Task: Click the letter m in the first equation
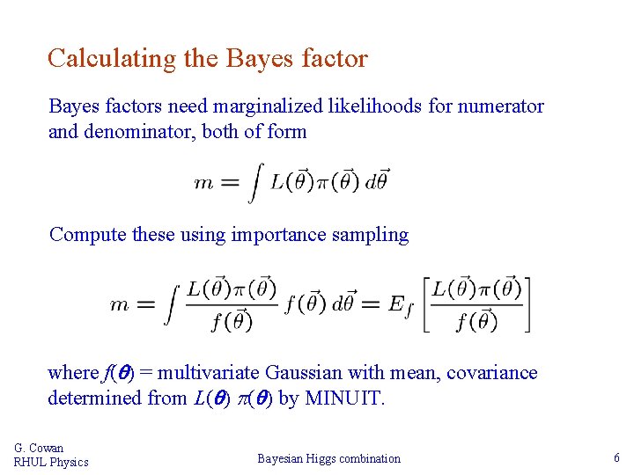click(x=204, y=183)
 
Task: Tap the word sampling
click(x=377, y=235)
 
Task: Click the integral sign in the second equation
click(x=171, y=304)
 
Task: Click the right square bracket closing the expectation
click(x=527, y=304)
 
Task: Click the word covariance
click(x=492, y=373)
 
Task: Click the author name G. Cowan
click(x=39, y=449)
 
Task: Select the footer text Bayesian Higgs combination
click(x=328, y=458)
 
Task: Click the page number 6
click(x=616, y=457)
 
